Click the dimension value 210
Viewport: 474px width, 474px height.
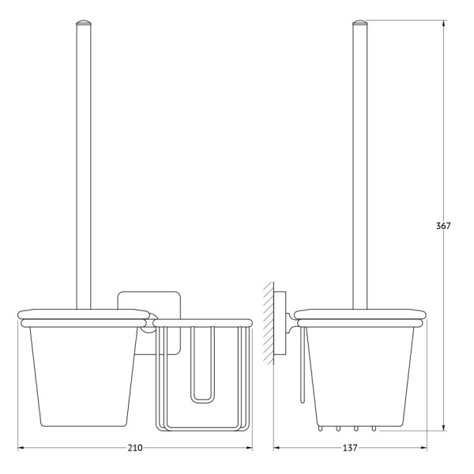coord(135,448)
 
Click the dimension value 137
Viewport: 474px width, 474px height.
coord(350,448)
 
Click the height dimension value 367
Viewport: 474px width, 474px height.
coord(443,226)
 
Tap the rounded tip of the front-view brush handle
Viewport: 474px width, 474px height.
coord(84,23)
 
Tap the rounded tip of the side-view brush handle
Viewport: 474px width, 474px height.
coord(359,23)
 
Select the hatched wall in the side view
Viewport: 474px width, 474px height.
coord(268,323)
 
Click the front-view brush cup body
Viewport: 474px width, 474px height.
coord(84,377)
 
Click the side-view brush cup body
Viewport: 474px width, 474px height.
coord(359,377)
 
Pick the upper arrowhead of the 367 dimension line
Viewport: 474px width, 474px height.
coord(443,24)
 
